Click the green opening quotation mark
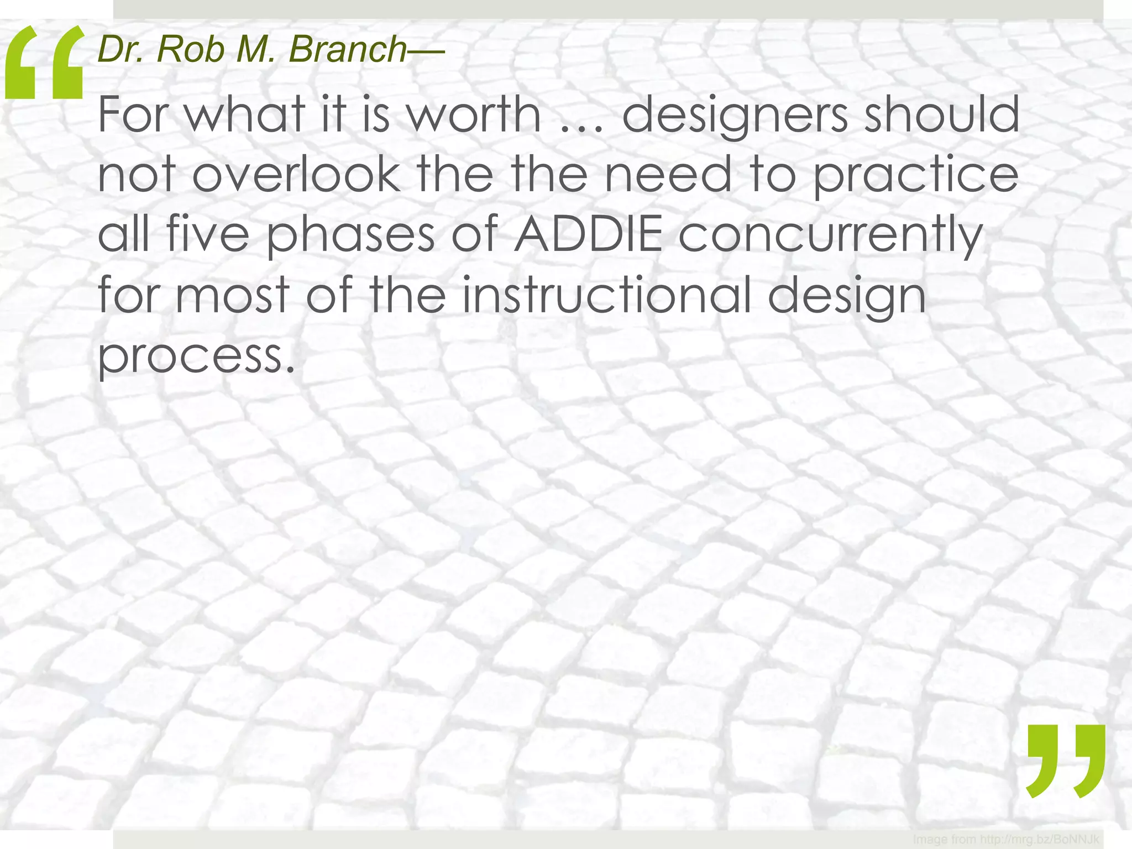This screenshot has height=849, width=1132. (44, 64)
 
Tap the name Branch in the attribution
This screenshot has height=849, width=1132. (348, 49)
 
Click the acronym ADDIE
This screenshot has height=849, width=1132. (588, 234)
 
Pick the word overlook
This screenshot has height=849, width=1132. (296, 174)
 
